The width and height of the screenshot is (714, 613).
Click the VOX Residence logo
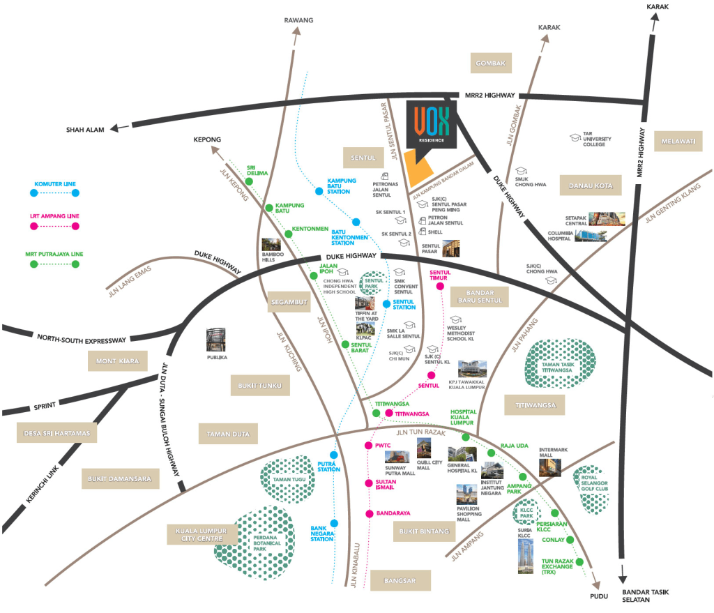tap(432, 125)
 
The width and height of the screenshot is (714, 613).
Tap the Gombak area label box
tap(490, 63)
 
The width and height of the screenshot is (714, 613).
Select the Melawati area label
tap(676, 142)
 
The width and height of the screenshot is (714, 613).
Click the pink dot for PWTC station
tap(367, 445)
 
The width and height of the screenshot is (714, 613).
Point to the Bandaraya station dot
tap(369, 514)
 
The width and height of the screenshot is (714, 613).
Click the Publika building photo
tap(217, 339)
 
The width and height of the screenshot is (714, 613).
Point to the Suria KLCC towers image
tap(527, 557)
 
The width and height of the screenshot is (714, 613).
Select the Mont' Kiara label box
tap(118, 361)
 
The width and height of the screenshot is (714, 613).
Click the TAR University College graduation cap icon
tap(576, 138)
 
